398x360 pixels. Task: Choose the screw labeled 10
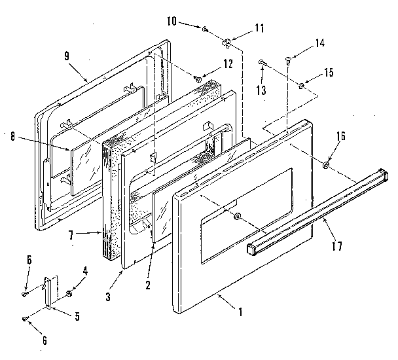[206, 29]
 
